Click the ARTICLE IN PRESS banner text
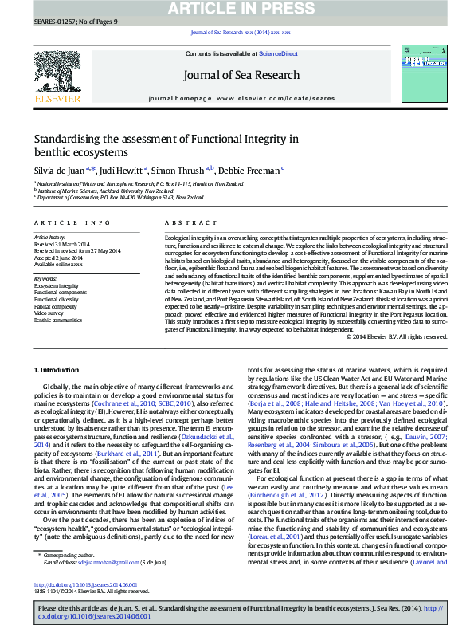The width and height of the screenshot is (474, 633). pyautogui.click(x=237, y=9)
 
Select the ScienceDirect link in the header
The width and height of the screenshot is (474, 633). pyautogui.click(x=280, y=53)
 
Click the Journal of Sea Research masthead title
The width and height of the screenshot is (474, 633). pyautogui.click(x=237, y=76)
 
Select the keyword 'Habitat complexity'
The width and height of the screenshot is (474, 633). pyautogui.click(x=53, y=306)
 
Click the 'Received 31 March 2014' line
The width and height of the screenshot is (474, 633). pyautogui.click(x=64, y=244)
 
